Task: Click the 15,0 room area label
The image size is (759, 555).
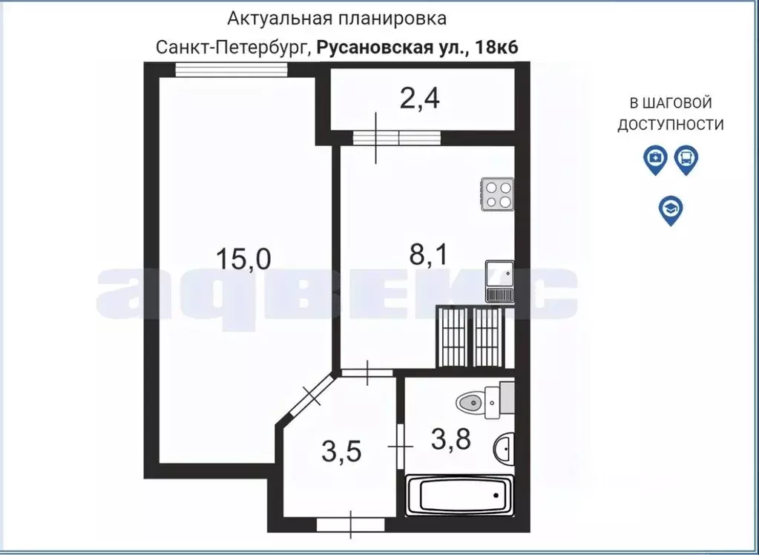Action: (x=243, y=259)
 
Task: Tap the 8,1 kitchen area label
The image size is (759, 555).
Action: (x=427, y=256)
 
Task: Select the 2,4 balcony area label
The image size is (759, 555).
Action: (x=420, y=99)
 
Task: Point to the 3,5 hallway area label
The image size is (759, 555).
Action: (x=342, y=450)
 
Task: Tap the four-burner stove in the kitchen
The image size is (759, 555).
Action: (x=497, y=194)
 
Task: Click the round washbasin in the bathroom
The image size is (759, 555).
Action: (x=505, y=448)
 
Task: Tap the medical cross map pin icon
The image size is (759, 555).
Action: (x=655, y=159)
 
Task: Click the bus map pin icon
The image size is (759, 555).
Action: (x=686, y=159)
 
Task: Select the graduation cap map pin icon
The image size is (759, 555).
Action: (x=671, y=210)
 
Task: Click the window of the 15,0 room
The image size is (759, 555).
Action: (x=231, y=70)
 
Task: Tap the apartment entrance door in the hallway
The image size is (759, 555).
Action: (x=351, y=525)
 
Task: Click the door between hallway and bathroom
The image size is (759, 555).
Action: (x=401, y=447)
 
